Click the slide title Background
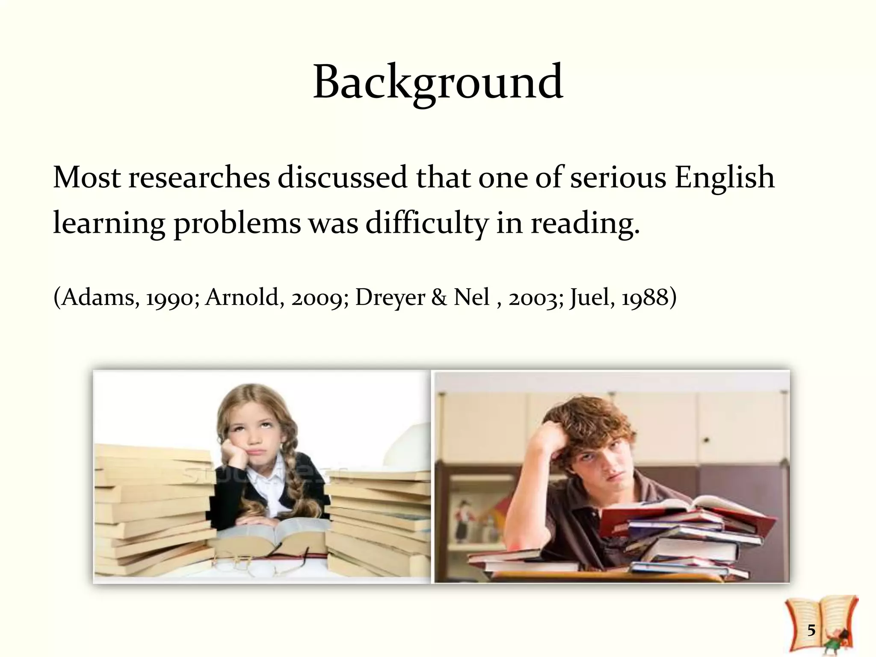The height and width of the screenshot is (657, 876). click(x=438, y=82)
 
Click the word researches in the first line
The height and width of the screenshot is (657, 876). click(x=199, y=178)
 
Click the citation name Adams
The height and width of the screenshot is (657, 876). click(x=100, y=297)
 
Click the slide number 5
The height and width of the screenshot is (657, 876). click(x=811, y=630)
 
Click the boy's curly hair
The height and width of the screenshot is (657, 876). click(x=595, y=423)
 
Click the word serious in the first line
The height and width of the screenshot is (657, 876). click(x=618, y=178)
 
